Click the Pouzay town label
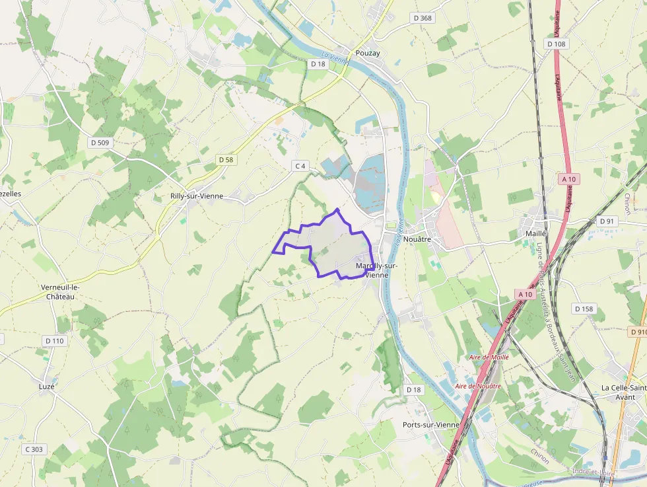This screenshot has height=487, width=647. point(368,54)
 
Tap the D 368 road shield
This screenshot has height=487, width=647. point(421,18)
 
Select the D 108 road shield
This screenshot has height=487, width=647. point(557,44)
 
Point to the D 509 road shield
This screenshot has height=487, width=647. point(100,142)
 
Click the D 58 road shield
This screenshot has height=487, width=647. point(226,160)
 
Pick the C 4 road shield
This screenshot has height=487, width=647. point(300,166)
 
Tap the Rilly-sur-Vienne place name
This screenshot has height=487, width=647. point(197,196)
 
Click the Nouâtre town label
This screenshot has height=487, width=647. point(417,239)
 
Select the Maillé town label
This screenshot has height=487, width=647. point(535,233)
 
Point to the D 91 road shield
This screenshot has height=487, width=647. point(606,221)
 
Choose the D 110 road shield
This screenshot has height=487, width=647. point(55,341)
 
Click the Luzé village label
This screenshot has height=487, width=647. point(46,386)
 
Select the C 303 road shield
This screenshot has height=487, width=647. point(34,449)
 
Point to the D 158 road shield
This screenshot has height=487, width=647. point(584,309)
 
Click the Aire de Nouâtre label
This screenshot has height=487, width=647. point(478,386)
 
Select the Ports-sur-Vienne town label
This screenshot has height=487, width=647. point(431,425)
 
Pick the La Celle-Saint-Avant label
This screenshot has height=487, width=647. point(623,392)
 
